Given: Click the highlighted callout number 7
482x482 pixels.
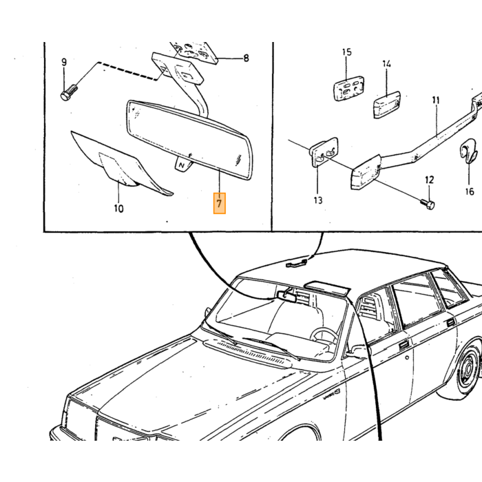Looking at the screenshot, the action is point(219,203).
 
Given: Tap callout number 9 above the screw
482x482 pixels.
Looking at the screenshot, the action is point(64,63).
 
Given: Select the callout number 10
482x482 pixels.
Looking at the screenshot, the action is point(118,209).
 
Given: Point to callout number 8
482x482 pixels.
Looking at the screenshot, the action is point(246,58).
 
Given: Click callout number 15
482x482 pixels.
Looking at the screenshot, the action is point(347,52).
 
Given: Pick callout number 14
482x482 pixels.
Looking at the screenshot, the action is point(387,64).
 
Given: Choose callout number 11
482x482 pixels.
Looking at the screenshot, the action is point(436,101).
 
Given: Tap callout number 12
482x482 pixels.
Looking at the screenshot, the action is point(429,180).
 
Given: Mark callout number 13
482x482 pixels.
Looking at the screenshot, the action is point(318,200).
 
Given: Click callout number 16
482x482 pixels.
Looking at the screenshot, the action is point(470,191).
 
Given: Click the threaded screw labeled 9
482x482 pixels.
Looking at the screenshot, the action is point(69,92).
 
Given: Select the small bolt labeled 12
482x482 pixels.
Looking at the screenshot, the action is point(428,204).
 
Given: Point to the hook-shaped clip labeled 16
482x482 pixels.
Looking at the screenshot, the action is point(468,151).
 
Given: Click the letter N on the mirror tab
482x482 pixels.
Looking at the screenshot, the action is point(181,165).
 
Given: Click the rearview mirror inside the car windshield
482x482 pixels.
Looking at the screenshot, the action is point(287,296).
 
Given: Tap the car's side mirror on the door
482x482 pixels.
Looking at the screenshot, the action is point(357,352).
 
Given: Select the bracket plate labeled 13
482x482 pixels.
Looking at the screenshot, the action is point(324,152).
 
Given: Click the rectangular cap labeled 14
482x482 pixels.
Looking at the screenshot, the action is point(387,105).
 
